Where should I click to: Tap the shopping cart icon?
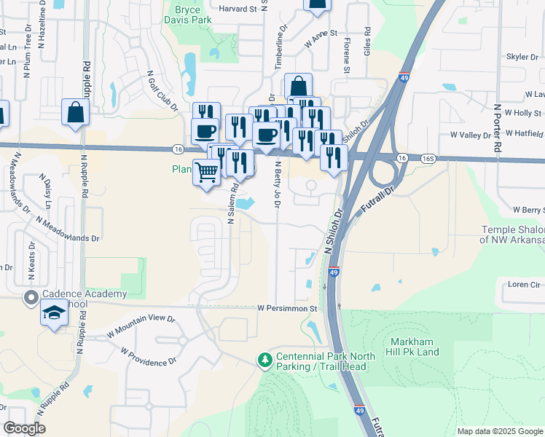tap(207, 173)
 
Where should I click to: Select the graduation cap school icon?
tap(54, 315)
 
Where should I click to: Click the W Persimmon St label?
tap(288, 309)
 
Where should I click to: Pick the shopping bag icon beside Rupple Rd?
tap(76, 113)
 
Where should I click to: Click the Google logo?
tap(23, 428)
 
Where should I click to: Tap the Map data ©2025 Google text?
tap(499, 431)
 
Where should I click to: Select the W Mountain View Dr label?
tap(141, 324)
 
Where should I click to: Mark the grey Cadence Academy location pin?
tap(31, 297)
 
